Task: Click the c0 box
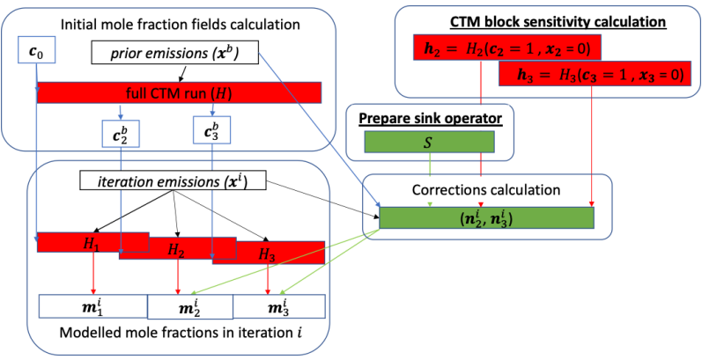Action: coord(36,55)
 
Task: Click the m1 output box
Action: coord(92,306)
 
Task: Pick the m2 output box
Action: coord(188,306)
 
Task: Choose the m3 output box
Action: coord(278,306)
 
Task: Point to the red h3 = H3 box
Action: coord(592,74)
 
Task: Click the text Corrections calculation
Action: coord(486,188)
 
